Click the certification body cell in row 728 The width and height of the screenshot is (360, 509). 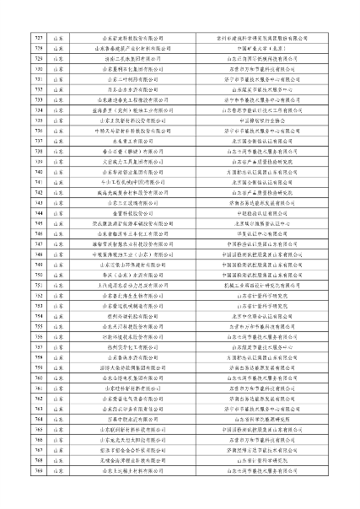271,49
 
